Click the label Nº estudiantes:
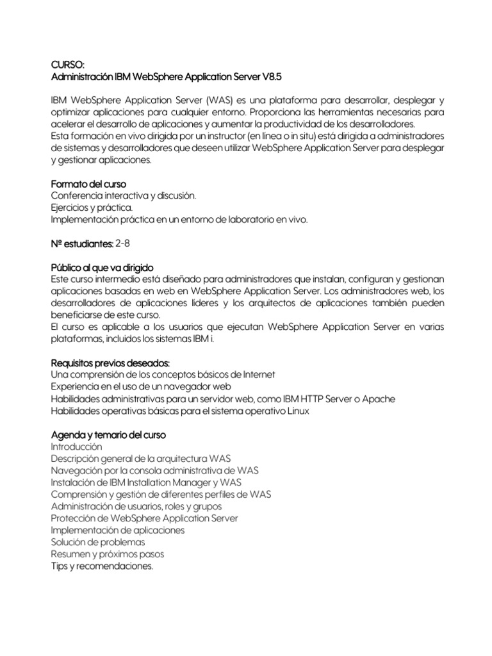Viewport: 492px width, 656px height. [81, 244]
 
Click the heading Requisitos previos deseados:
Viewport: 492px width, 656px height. [106, 363]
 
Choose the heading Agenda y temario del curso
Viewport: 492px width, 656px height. [108, 435]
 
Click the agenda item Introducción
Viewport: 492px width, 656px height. [76, 447]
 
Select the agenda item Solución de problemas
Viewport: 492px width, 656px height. [93, 542]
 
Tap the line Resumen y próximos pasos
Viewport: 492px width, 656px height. [107, 554]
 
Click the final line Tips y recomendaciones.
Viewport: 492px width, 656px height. [102, 566]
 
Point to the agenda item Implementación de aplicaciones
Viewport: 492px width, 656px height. [117, 530]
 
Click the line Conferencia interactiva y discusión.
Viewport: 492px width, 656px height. [123, 195]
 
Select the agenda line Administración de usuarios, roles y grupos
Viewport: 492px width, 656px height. [142, 506]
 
